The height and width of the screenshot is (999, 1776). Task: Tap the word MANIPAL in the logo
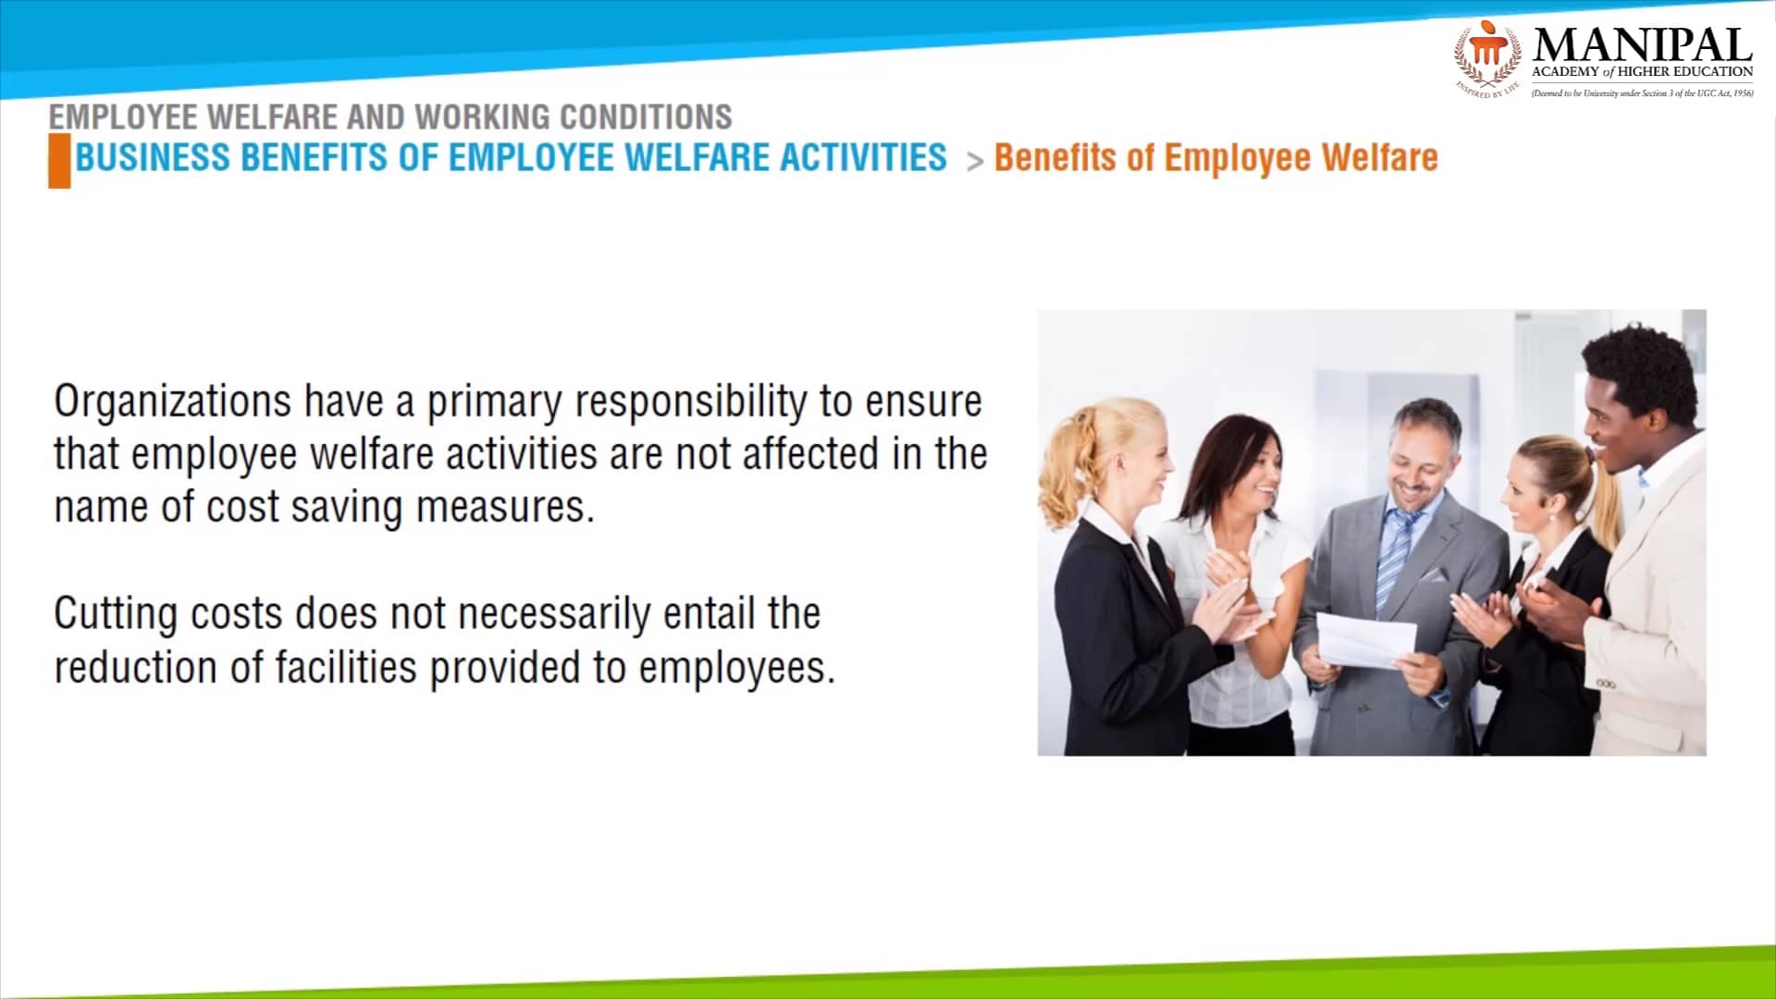pyautogui.click(x=1642, y=44)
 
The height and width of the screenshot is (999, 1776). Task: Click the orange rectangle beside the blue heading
pyautogui.click(x=59, y=161)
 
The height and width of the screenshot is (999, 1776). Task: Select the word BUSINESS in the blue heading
pyautogui.click(x=153, y=158)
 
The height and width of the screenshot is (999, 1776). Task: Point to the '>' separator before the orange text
pyautogui.click(x=974, y=162)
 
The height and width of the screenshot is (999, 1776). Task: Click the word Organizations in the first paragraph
pyautogui.click(x=172, y=401)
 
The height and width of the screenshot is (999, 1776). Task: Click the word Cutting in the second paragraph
pyautogui.click(x=116, y=613)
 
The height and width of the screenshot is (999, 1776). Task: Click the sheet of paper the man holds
pyautogui.click(x=1365, y=639)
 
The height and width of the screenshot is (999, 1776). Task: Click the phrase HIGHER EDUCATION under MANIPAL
pyautogui.click(x=1684, y=71)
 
